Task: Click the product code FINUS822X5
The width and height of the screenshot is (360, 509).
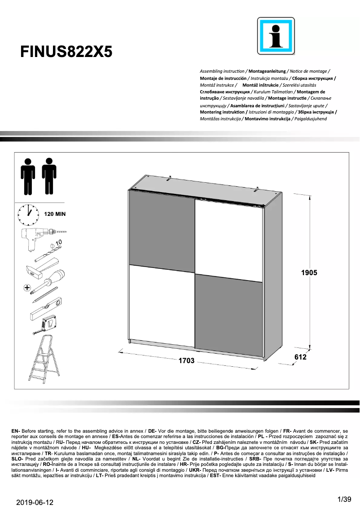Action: pos(66,52)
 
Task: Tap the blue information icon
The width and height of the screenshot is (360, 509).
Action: pos(276,36)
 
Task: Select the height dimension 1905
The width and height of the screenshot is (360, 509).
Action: pos(309,272)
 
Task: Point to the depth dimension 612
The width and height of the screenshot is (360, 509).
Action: pos(300,357)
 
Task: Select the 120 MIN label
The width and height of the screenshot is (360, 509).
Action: pos(54,214)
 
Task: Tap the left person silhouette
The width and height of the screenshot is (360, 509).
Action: pos(28,176)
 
